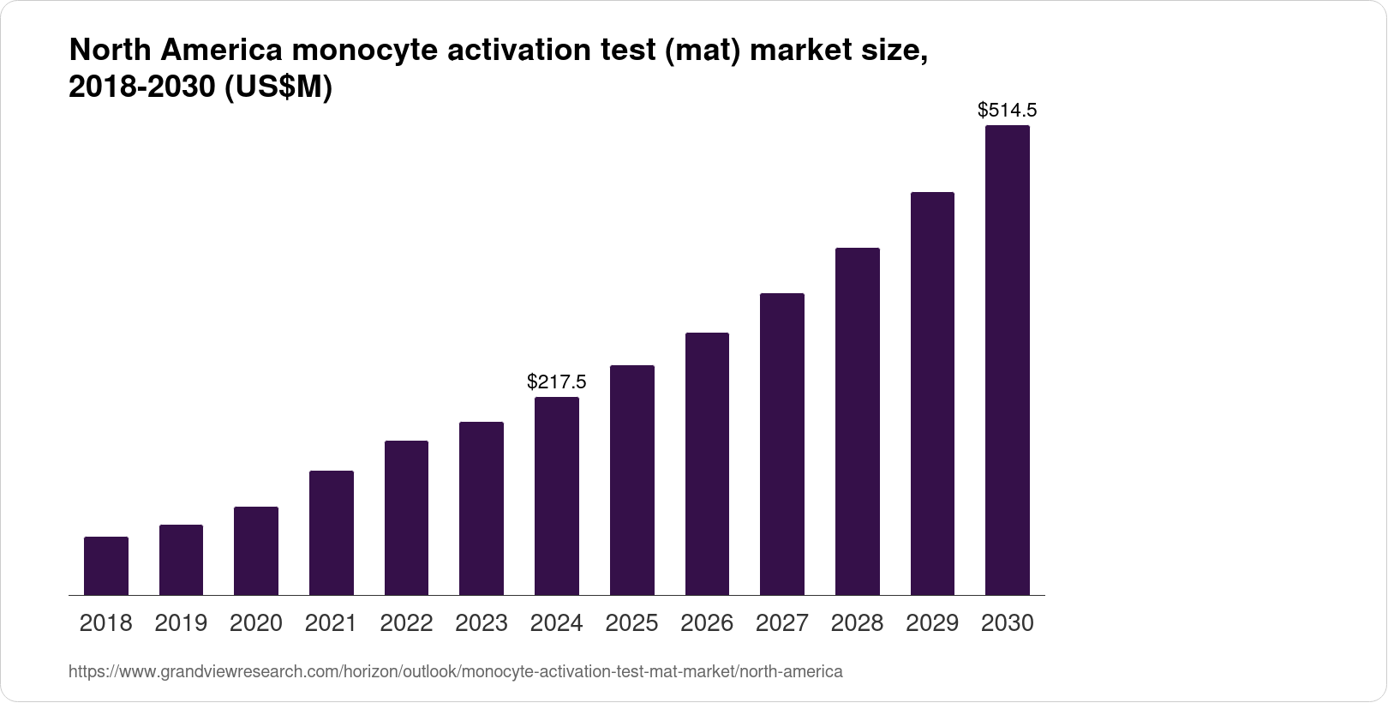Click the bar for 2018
click(106, 566)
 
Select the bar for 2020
click(256, 550)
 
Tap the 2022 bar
click(406, 518)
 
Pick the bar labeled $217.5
click(556, 496)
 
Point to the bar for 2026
click(707, 464)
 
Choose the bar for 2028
click(857, 421)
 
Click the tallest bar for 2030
click(1008, 360)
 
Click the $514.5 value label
click(1008, 110)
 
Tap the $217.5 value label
click(556, 381)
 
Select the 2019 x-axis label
click(181, 623)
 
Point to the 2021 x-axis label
click(331, 623)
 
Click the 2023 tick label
click(482, 623)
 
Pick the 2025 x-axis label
click(631, 623)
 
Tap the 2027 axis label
click(782, 623)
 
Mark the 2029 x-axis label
click(932, 623)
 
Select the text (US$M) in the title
click(278, 87)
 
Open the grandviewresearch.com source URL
click(455, 671)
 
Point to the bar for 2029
click(932, 394)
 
